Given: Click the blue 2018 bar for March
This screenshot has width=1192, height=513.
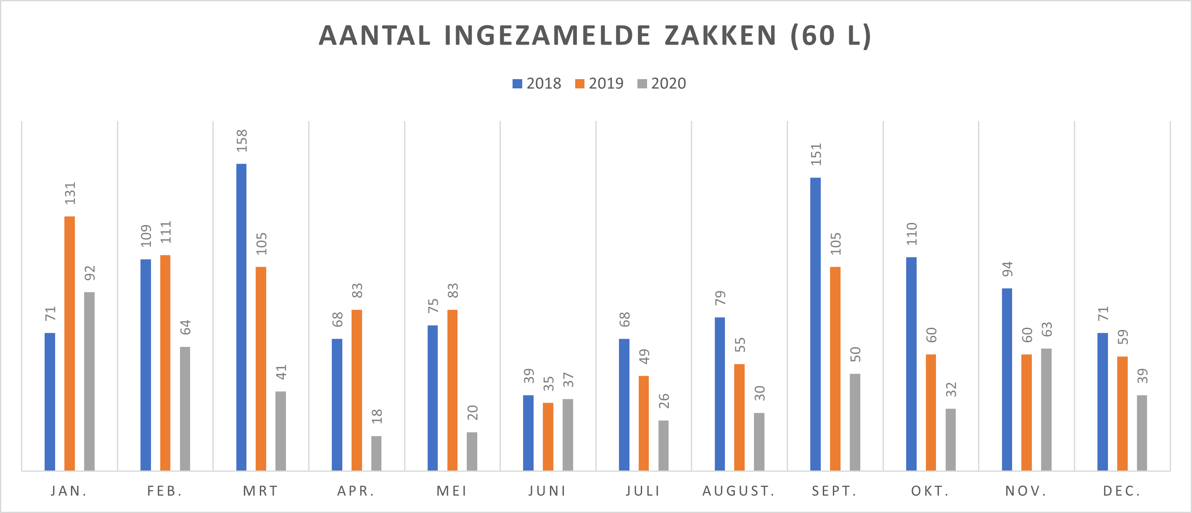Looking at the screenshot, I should (x=241, y=317).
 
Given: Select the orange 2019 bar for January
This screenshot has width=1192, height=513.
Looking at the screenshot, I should (x=69, y=343).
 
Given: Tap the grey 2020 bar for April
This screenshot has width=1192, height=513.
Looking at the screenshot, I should (x=376, y=453).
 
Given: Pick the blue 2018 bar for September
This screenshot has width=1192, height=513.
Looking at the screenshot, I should (x=815, y=324).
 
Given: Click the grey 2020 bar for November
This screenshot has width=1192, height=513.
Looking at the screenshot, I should (x=1046, y=409).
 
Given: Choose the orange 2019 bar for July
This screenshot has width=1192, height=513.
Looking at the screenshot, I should (x=644, y=423).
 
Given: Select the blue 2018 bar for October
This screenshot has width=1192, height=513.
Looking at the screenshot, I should (x=911, y=364).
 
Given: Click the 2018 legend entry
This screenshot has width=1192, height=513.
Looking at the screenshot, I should (x=537, y=83).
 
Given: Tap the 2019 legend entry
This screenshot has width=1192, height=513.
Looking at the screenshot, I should (x=599, y=83).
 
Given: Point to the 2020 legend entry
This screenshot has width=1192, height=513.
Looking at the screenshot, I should (x=662, y=83).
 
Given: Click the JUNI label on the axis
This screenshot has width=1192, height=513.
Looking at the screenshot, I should (x=547, y=491).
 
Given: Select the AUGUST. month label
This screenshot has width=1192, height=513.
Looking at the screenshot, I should (x=738, y=491).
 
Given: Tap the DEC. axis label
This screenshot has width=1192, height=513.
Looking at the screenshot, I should (x=1122, y=491).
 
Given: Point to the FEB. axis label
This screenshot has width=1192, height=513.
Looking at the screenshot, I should (x=165, y=491).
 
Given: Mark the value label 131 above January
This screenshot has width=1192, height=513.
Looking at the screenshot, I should (x=70, y=194).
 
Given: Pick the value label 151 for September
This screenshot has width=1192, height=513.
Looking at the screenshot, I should (x=816, y=154).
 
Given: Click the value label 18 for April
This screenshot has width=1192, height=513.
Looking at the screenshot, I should (x=377, y=416).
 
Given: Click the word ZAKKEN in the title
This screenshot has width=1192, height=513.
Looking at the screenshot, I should (x=721, y=36).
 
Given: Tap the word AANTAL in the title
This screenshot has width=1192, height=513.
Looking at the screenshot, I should (x=375, y=36).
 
